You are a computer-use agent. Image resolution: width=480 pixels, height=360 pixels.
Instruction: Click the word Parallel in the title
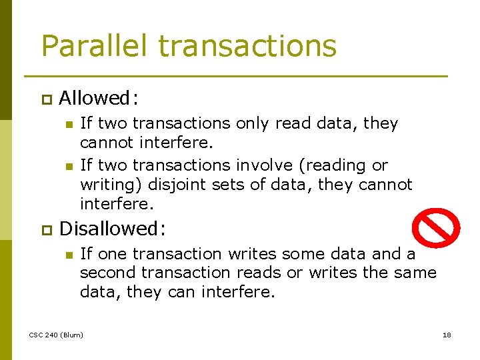pos(93,46)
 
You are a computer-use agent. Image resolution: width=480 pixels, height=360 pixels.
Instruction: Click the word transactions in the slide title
pos(247,46)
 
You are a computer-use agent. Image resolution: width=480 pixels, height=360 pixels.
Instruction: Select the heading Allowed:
pos(99,99)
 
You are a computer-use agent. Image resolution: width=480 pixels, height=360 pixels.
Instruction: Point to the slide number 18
pos(447,334)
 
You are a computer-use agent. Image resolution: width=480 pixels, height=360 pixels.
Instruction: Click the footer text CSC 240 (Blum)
pos(56,334)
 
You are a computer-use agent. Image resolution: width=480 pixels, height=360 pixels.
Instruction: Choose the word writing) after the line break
pos(107,185)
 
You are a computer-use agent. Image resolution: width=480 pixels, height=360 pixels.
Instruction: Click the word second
pos(106,273)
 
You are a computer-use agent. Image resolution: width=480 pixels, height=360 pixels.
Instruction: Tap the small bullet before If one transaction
pos(67,254)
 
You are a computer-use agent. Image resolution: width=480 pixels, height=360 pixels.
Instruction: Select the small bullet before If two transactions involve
pos(67,165)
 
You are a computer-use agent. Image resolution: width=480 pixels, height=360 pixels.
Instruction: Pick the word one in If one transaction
pos(112,254)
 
